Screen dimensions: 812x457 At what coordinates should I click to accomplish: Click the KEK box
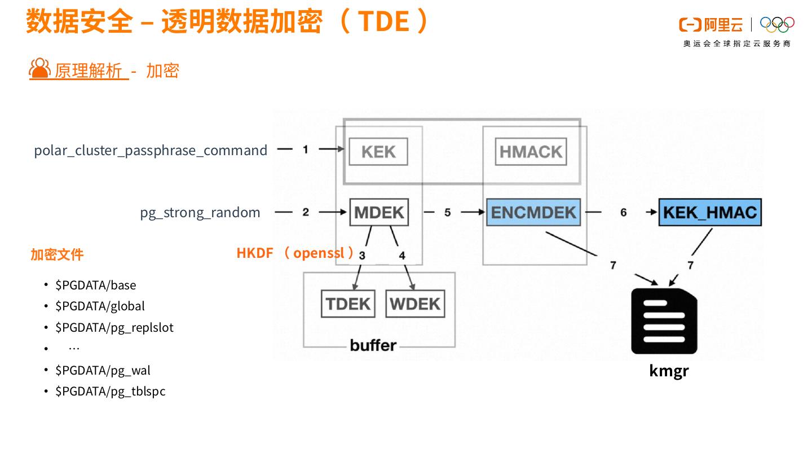(378, 152)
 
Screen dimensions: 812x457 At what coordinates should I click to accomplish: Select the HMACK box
(531, 152)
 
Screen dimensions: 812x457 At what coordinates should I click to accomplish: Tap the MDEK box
(379, 212)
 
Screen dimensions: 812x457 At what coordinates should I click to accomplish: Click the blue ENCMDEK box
(533, 212)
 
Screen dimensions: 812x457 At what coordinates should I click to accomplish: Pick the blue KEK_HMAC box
(710, 212)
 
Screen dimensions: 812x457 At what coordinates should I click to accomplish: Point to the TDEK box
(348, 304)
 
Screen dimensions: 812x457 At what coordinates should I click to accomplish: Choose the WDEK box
(415, 304)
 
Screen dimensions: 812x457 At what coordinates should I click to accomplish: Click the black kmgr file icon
(664, 321)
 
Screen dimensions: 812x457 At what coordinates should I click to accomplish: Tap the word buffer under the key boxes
(373, 345)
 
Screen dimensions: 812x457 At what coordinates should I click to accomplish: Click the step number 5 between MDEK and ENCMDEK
(447, 212)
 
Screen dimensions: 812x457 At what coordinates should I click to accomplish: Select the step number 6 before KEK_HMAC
(623, 212)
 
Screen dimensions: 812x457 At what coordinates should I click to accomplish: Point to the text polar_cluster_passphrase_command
(151, 151)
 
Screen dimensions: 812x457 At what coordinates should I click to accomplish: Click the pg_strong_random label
(200, 213)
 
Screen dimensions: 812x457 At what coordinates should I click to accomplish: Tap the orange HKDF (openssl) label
(295, 253)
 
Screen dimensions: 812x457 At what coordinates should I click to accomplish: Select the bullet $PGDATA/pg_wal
(103, 370)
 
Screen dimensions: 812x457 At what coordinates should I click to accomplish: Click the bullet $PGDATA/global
(100, 306)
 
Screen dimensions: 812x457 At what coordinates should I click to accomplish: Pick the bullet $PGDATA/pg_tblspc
(110, 392)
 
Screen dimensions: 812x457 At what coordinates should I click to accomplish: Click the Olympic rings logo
(777, 24)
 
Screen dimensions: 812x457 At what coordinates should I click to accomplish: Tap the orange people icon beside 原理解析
(40, 68)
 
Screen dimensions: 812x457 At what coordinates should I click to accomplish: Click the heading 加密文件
(57, 254)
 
